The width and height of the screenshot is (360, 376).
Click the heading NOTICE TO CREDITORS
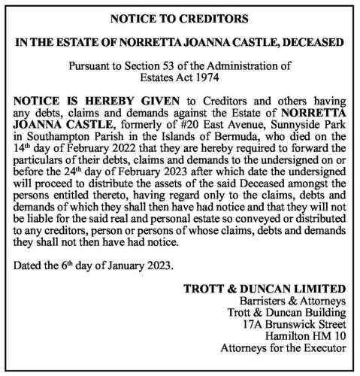[180, 17]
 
